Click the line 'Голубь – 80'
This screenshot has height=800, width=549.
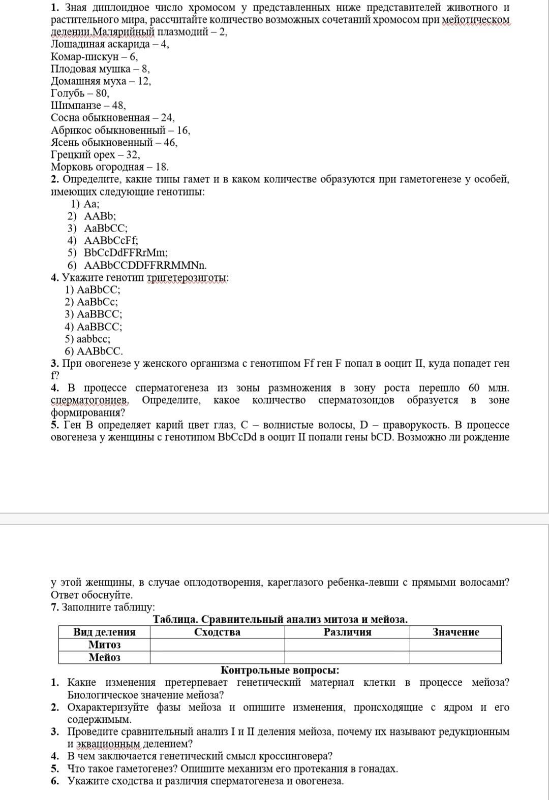(x=80, y=93)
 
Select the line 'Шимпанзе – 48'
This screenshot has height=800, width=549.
(x=88, y=106)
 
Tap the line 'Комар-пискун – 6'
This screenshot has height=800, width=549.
(x=94, y=56)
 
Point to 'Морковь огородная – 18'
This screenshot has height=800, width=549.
(x=110, y=167)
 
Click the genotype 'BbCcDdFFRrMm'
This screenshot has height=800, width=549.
(x=126, y=252)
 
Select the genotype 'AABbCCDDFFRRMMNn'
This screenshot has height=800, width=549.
(x=145, y=265)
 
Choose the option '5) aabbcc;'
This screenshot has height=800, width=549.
(x=87, y=339)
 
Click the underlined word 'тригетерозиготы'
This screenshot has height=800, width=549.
(x=187, y=278)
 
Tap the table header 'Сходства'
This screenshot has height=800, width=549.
(x=217, y=632)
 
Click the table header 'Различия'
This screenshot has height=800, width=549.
(x=347, y=632)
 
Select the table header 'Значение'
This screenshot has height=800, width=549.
(x=455, y=632)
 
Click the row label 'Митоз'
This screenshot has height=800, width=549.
(x=104, y=645)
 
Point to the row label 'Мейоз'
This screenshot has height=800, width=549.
(x=104, y=657)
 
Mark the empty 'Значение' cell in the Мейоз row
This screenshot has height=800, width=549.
(x=455, y=657)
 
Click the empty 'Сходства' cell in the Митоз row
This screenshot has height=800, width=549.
(x=217, y=645)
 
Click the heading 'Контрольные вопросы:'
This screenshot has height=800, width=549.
(x=280, y=670)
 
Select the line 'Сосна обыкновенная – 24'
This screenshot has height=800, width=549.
(x=112, y=118)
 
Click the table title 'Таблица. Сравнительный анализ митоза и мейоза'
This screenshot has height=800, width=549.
(x=280, y=619)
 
